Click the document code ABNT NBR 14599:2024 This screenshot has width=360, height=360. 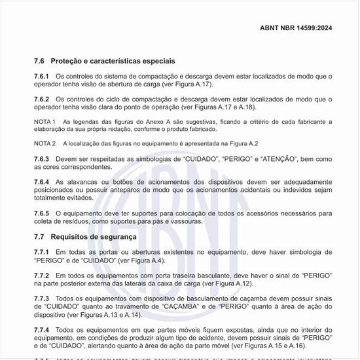[x=296, y=29]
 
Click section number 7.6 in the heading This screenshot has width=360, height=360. [x=39, y=60]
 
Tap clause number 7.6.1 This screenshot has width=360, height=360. [x=42, y=77]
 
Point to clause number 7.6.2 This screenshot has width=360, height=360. [x=42, y=99]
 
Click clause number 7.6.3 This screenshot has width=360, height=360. [x=42, y=159]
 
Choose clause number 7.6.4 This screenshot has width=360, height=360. [x=42, y=181]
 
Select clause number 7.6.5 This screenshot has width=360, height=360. [x=42, y=213]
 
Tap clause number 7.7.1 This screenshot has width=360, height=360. [x=42, y=252]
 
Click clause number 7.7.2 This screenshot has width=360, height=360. [x=42, y=276]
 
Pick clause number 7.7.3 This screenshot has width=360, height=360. [x=42, y=298]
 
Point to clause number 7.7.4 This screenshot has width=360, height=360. [x=42, y=330]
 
